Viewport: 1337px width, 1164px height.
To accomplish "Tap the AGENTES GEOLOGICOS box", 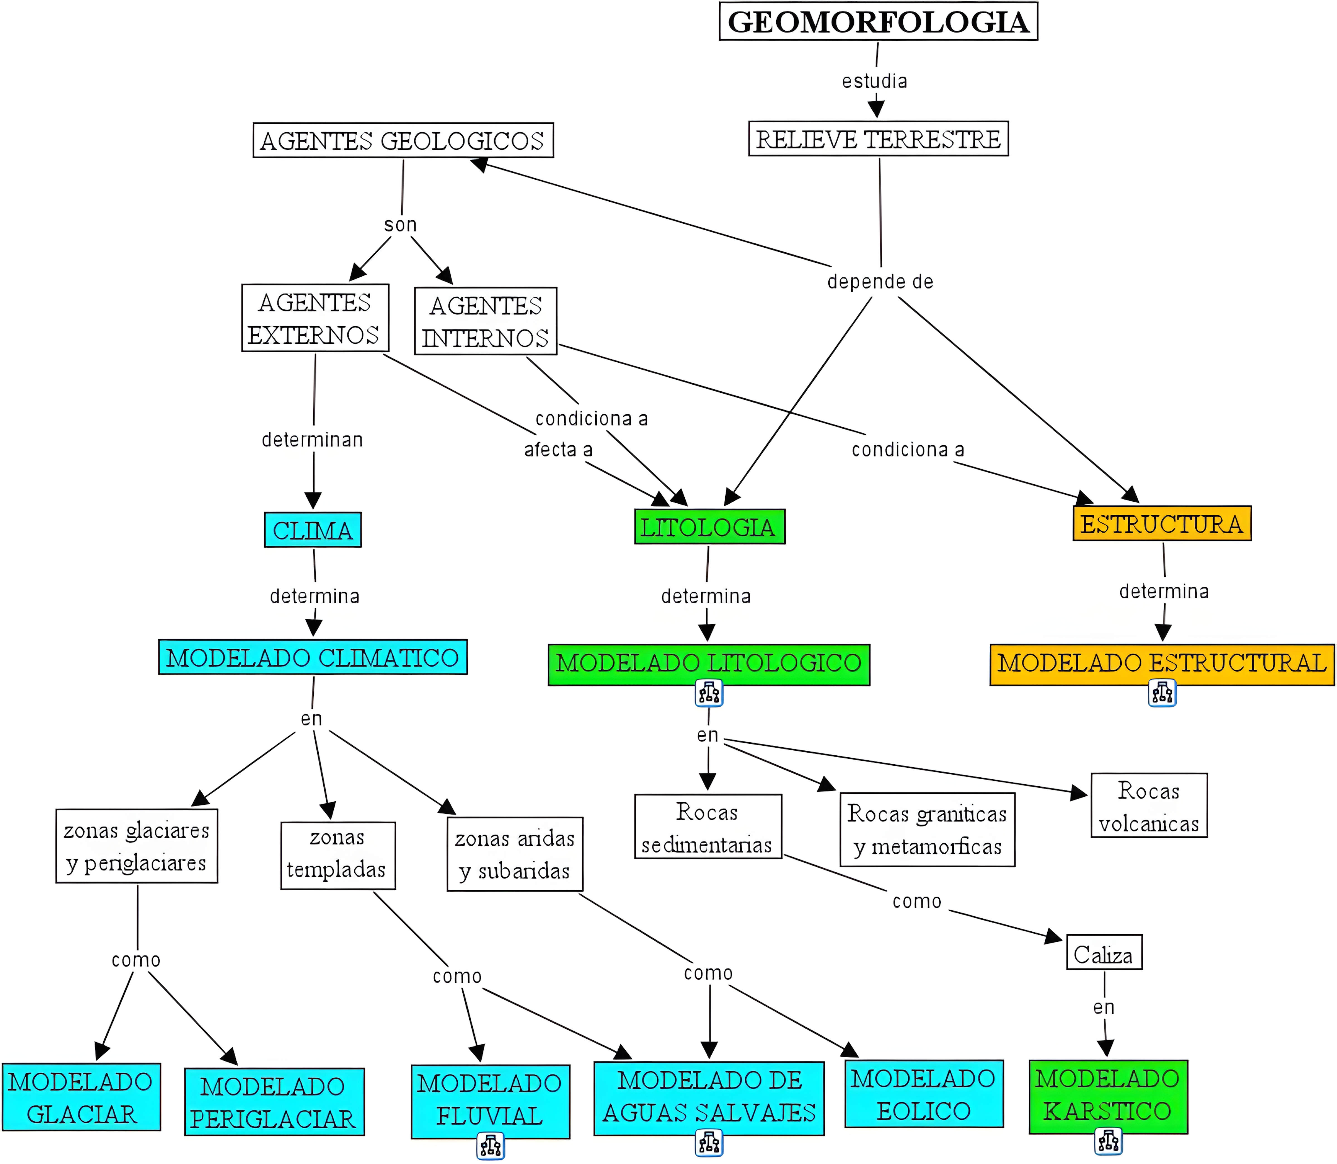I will pos(403,140).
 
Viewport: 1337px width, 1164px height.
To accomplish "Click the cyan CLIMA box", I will pos(313,530).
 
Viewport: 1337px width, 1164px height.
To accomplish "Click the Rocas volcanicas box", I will pos(1149,806).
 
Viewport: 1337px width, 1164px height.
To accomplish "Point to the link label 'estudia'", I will pos(874,81).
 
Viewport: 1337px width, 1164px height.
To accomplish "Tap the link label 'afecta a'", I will pos(558,450).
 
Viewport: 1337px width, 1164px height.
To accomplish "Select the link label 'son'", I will pos(400,225).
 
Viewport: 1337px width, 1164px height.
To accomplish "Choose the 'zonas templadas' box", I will pos(337,855).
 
